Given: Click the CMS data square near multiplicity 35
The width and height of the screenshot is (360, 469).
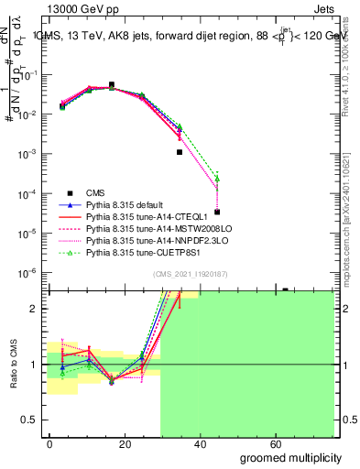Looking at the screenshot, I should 180,152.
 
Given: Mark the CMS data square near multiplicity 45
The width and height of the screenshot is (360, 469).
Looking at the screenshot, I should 217,212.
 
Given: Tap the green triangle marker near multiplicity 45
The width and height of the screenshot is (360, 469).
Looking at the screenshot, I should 217,178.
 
